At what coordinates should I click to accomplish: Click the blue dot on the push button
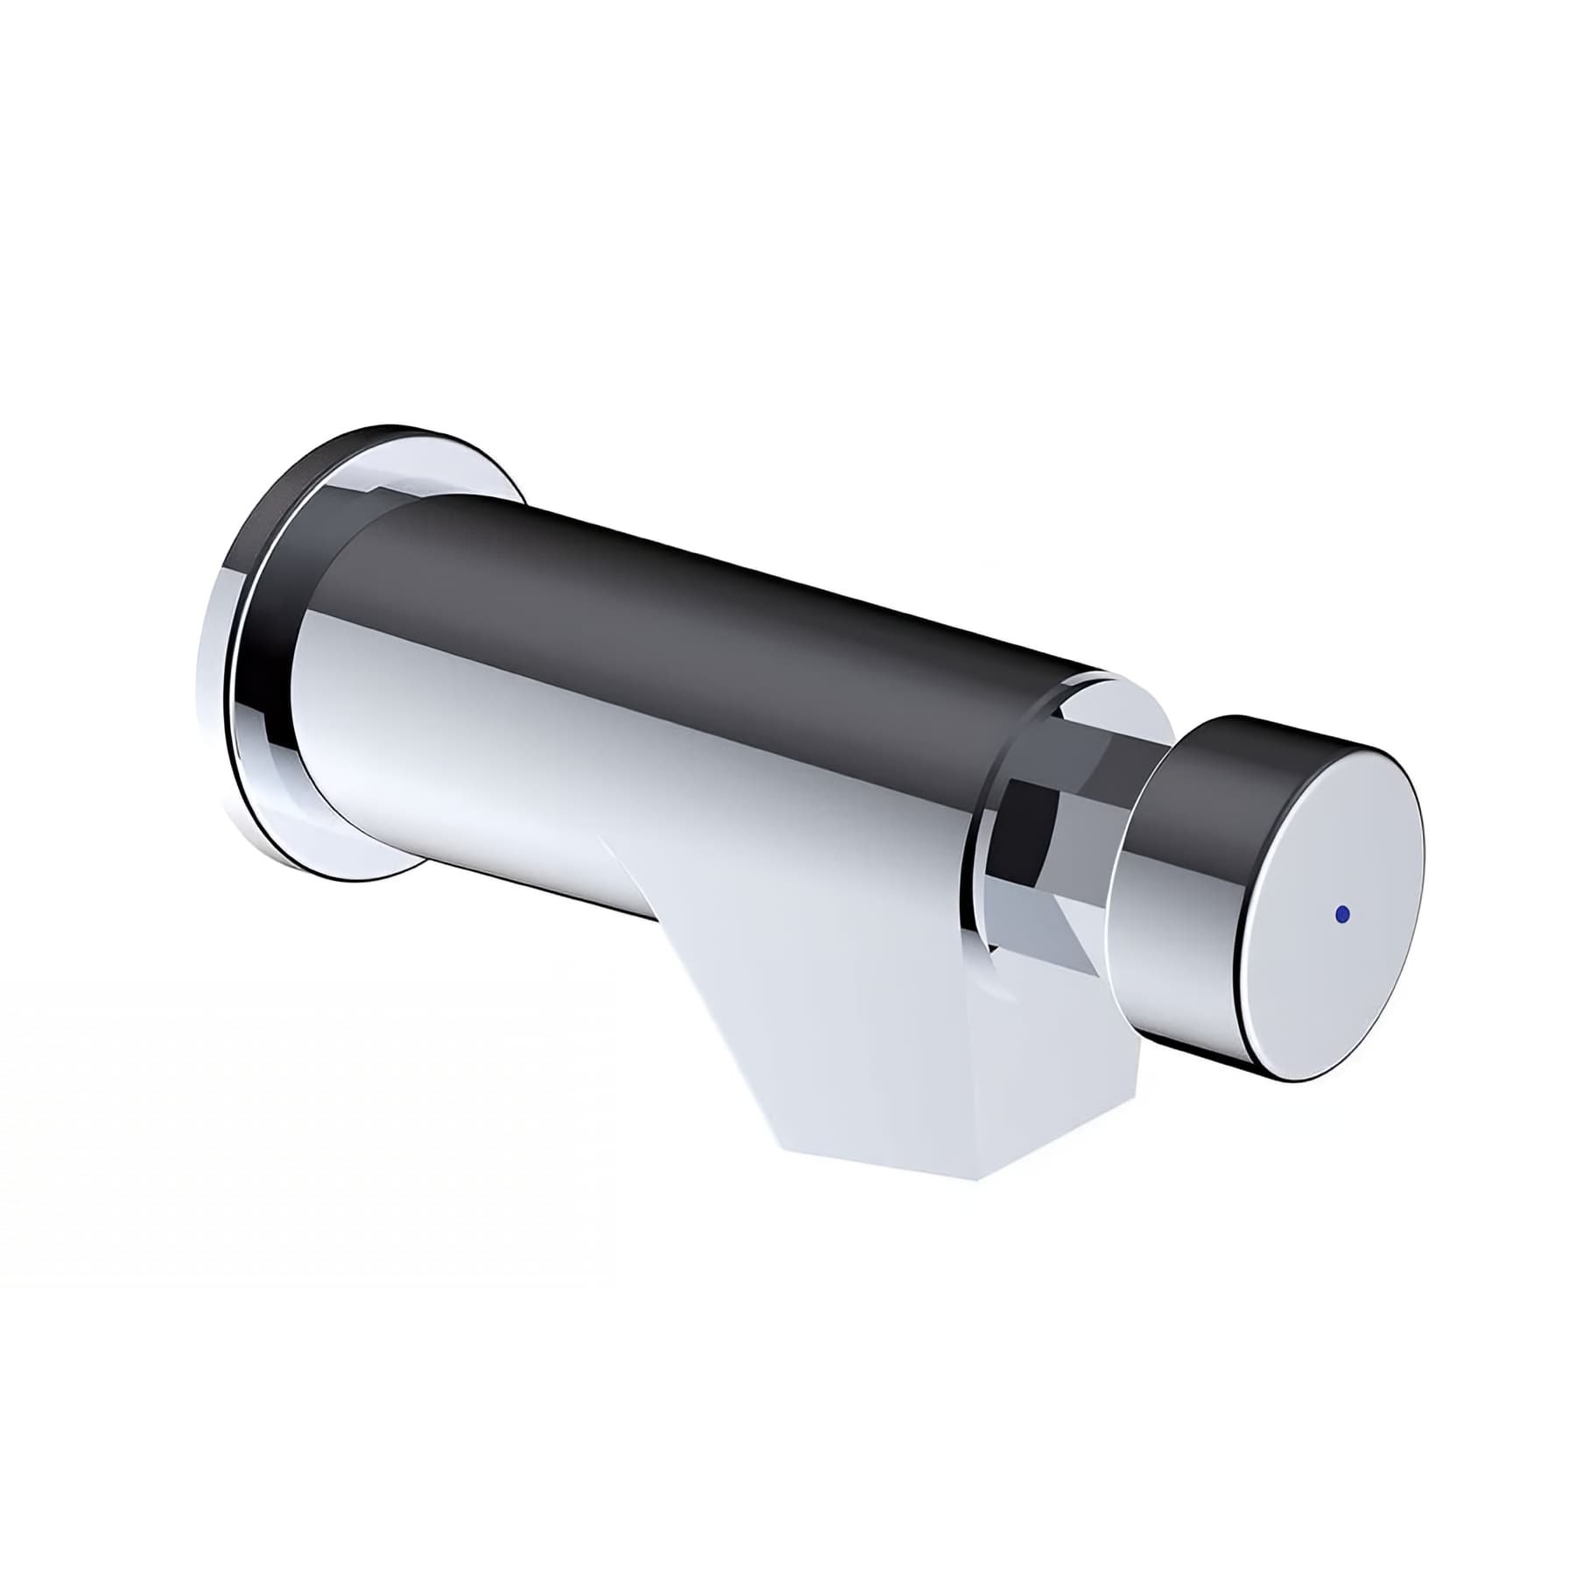[x=1341, y=914]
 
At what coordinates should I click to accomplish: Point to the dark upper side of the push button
[x=1226, y=779]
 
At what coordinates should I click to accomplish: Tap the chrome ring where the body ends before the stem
[x=981, y=876]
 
